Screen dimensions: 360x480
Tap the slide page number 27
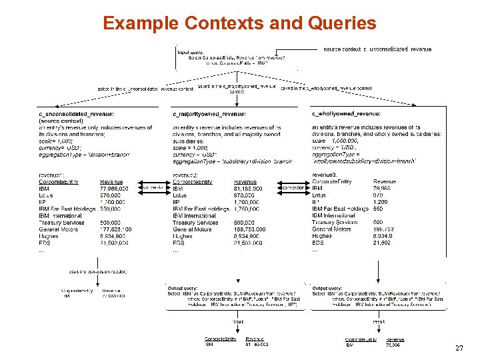point(459,348)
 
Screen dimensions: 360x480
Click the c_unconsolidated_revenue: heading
point(76,114)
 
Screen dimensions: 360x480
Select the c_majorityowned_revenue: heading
point(209,114)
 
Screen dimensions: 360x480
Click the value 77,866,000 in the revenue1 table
point(114,189)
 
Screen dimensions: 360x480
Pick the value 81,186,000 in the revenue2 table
point(247,189)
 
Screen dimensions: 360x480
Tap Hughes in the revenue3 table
point(322,235)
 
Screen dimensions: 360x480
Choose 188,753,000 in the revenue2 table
point(250,229)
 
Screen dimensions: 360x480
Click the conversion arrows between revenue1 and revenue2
point(154,188)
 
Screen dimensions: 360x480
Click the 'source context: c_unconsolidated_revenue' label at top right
point(377,49)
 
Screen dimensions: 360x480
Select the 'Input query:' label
point(191,52)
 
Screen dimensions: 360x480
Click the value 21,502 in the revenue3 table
point(382,243)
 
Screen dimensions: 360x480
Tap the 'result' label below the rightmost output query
point(378,321)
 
